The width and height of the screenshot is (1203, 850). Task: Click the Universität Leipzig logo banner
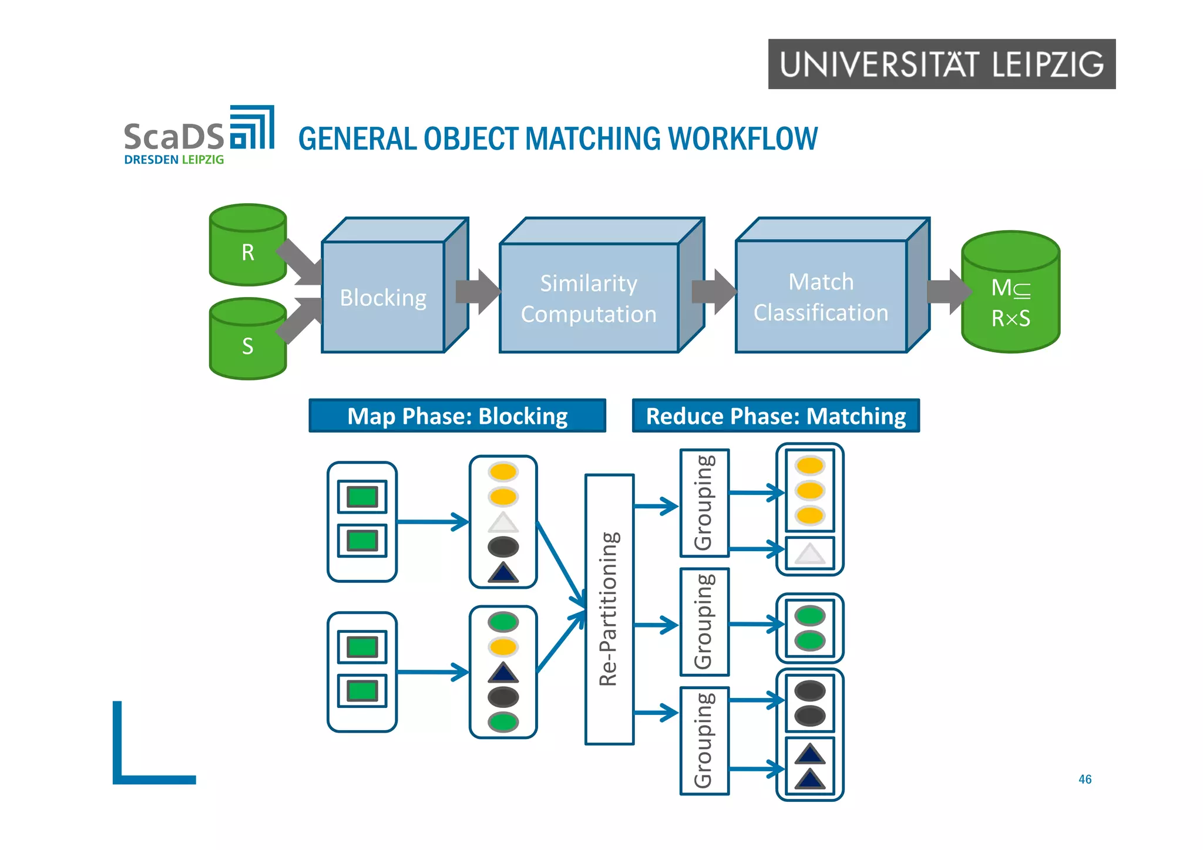coord(941,64)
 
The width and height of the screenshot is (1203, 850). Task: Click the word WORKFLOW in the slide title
coord(742,139)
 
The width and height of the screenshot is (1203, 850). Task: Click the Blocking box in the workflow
coord(383,297)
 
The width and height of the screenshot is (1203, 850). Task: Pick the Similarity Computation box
coord(589,298)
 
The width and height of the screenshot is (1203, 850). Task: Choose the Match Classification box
coord(821,296)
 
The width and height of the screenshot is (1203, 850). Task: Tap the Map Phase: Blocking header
coord(457,416)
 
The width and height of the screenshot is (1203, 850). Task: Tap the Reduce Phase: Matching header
coord(775,416)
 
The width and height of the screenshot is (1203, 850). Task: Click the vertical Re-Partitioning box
coord(609,609)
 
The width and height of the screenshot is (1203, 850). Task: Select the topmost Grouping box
coord(704,503)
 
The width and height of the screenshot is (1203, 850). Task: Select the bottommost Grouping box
coord(704,740)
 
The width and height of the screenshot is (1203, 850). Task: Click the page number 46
coord(1084,779)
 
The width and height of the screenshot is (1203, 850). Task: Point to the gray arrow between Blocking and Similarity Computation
coord(477,292)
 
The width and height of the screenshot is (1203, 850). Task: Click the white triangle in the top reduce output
coord(809,553)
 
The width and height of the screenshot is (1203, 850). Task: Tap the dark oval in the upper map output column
coord(503,547)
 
